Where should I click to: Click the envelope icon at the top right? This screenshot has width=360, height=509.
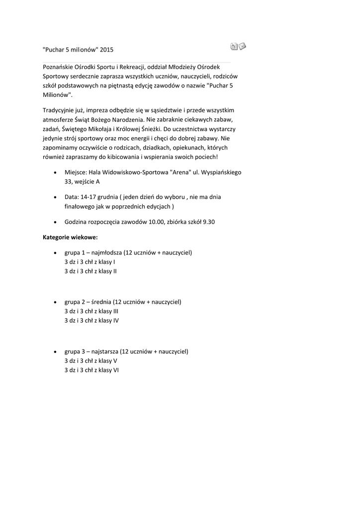[243, 47]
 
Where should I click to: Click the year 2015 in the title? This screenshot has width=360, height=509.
[107, 50]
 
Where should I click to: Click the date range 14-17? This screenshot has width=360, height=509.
[87, 197]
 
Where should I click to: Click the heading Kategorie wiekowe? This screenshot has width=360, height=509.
[70, 237]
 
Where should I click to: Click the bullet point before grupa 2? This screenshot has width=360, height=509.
[54, 302]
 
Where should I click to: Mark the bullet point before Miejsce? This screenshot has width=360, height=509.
[54, 172]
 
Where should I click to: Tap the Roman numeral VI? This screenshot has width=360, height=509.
[115, 370]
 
